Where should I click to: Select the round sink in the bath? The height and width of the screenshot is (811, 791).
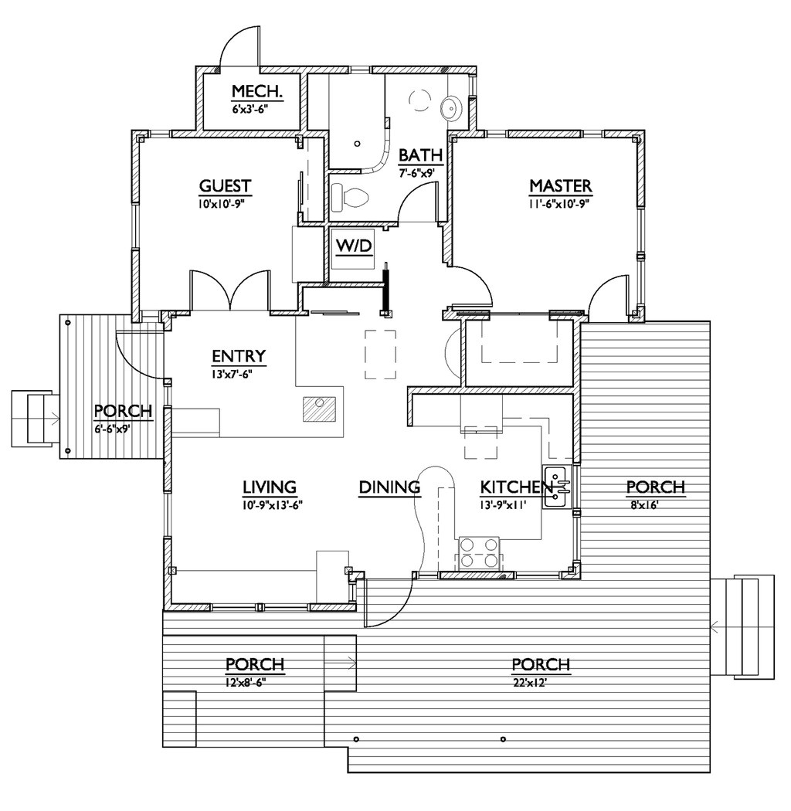(x=451, y=109)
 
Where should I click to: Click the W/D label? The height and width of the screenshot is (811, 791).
(x=355, y=246)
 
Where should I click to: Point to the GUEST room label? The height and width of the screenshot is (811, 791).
(x=225, y=186)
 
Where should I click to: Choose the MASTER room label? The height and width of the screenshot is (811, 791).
(x=560, y=186)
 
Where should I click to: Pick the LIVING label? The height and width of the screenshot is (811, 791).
(x=270, y=487)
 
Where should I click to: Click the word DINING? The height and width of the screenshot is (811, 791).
(x=389, y=487)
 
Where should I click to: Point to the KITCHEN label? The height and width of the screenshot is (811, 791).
(x=516, y=487)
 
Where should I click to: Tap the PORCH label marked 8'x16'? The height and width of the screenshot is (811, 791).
(x=655, y=487)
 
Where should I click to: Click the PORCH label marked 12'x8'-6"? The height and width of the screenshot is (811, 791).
(x=254, y=665)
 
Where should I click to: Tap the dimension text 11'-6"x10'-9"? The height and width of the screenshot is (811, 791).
(x=560, y=202)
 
